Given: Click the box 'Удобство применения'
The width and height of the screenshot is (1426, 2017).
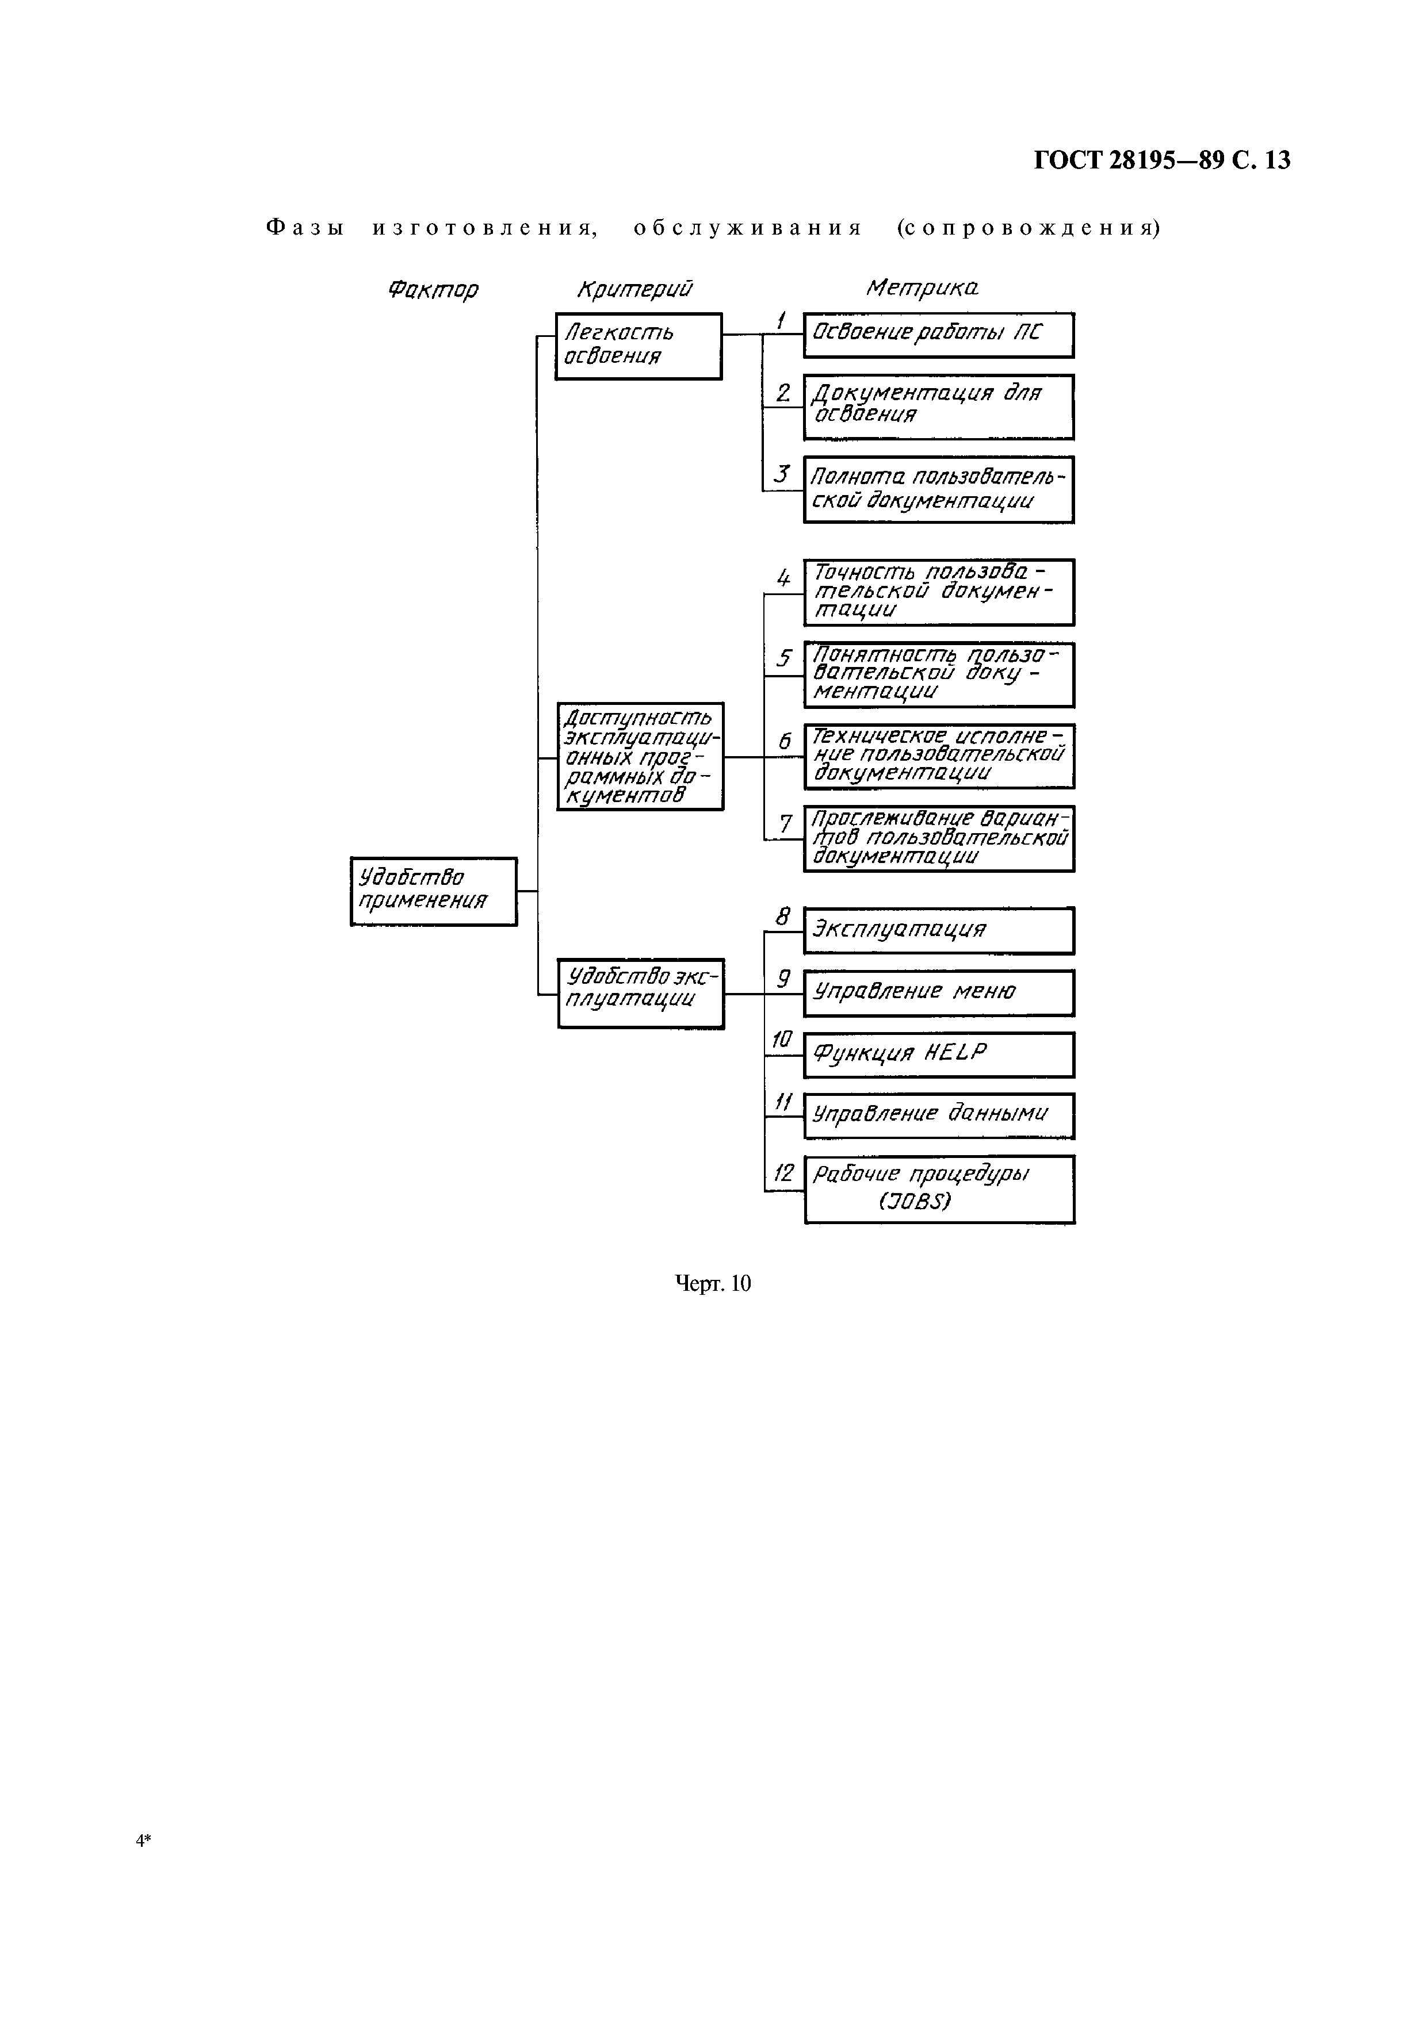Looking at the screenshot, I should pyautogui.click(x=433, y=891).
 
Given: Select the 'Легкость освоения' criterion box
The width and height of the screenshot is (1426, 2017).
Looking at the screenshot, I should pyautogui.click(x=638, y=345).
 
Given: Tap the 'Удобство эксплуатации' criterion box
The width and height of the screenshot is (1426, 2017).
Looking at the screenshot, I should pyautogui.click(x=640, y=992).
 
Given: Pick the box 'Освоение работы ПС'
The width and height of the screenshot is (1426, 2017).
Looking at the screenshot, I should pyautogui.click(x=938, y=335).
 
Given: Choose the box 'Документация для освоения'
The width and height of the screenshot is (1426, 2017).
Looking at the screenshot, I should pyautogui.click(x=938, y=407).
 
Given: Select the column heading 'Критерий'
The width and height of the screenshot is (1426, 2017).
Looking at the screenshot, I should pyautogui.click(x=634, y=288).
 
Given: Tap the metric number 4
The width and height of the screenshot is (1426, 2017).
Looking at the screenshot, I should pyautogui.click(x=783, y=578).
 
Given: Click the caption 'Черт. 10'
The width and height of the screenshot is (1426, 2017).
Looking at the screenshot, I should pyautogui.click(x=713, y=1283).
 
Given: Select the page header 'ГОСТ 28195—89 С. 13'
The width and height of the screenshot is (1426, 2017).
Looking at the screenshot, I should pyautogui.click(x=1161, y=160).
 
